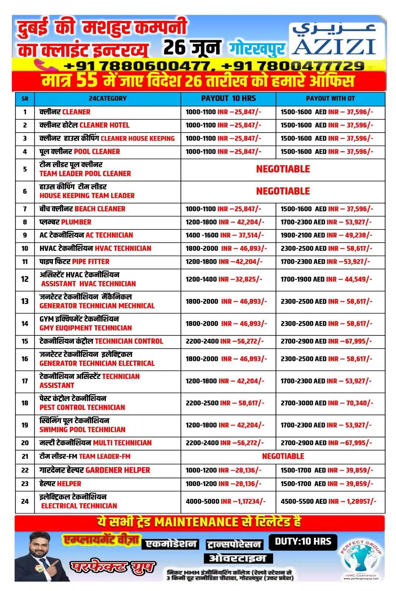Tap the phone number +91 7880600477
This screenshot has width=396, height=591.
pyautogui.click(x=137, y=66)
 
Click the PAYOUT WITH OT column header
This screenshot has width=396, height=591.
pyautogui.click(x=330, y=99)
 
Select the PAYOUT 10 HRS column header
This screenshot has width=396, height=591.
pyautogui.click(x=228, y=99)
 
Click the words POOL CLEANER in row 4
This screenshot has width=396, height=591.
pyautogui.click(x=97, y=152)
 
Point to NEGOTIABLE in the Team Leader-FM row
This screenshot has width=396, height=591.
pyautogui.click(x=283, y=457)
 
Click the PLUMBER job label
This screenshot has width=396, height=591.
pyautogui.click(x=76, y=222)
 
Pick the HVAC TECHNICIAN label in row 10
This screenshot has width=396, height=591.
pyautogui.click(x=123, y=249)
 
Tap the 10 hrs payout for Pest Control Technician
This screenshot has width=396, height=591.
pyautogui.click(x=225, y=403)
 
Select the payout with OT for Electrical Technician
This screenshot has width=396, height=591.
pyautogui.click(x=328, y=502)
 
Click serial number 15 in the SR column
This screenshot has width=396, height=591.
pyautogui.click(x=25, y=341)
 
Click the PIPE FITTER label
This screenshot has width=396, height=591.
pyautogui.click(x=91, y=262)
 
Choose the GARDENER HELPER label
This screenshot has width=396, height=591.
pyautogui.click(x=118, y=470)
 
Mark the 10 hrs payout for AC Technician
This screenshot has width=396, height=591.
pyautogui.click(x=225, y=235)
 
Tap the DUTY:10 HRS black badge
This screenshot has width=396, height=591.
pyautogui.click(x=303, y=542)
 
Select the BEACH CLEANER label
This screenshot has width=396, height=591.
pyautogui.click(x=100, y=209)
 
